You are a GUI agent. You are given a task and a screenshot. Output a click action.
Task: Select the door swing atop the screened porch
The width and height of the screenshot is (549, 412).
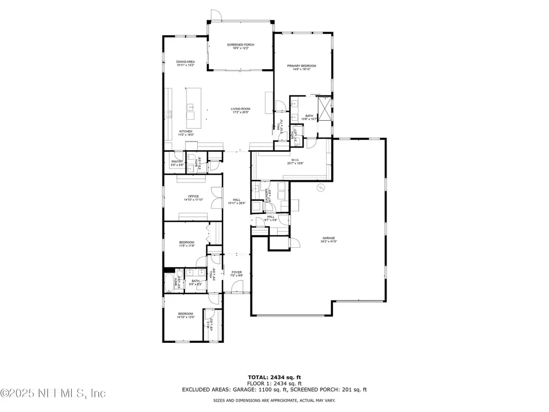click(x=215, y=15)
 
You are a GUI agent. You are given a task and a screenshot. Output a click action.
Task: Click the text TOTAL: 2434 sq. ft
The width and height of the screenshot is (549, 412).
click(x=274, y=377)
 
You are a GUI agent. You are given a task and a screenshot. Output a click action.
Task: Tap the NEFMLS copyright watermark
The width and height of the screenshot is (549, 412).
click(x=53, y=394)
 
